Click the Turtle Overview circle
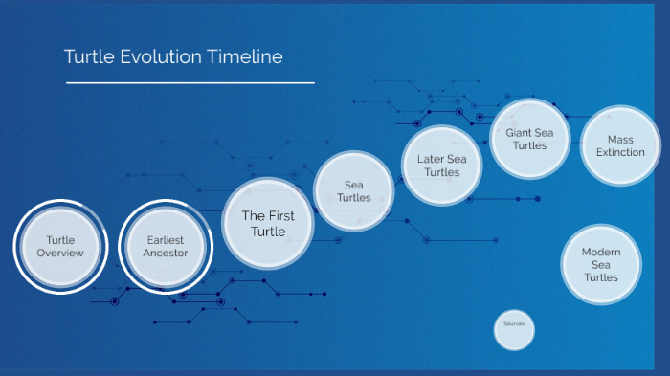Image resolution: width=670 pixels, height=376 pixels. pyautogui.click(x=60, y=246)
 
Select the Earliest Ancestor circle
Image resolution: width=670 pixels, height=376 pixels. pyautogui.click(x=166, y=246)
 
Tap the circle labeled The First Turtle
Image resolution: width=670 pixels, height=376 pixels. pyautogui.click(x=268, y=223)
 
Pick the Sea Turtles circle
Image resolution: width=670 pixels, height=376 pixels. pyautogui.click(x=353, y=191)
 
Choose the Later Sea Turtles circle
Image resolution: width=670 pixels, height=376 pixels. pyautogui.click(x=442, y=165)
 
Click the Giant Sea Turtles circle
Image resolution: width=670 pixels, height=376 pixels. pyautogui.click(x=529, y=139)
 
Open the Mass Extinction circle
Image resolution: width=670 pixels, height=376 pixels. pyautogui.click(x=620, y=145)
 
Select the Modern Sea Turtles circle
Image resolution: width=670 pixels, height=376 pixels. pyautogui.click(x=601, y=264)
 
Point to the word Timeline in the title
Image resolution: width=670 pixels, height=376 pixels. pyautogui.click(x=244, y=56)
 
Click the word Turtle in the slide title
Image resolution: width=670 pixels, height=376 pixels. pyautogui.click(x=89, y=56)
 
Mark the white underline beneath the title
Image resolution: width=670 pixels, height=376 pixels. pyautogui.click(x=190, y=83)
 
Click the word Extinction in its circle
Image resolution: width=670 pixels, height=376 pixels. pyautogui.click(x=620, y=152)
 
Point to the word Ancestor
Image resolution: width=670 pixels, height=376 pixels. pyautogui.click(x=166, y=253)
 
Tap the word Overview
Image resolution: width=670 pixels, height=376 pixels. pyautogui.click(x=60, y=253)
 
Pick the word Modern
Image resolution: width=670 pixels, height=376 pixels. pyautogui.click(x=601, y=251)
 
